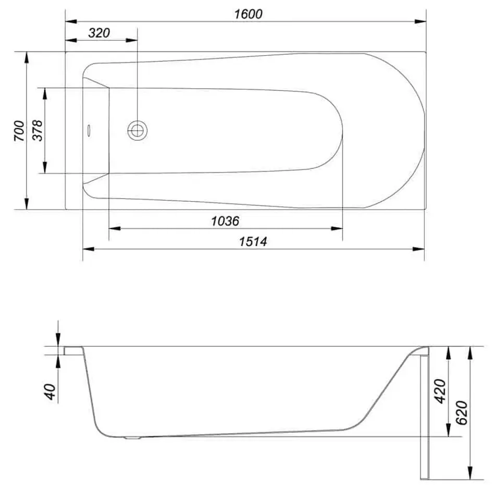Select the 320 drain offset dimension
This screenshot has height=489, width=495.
[99, 33]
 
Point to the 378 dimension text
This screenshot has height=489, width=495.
[38, 131]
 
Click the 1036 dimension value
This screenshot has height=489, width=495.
[225, 221]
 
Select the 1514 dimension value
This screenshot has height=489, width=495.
[253, 241]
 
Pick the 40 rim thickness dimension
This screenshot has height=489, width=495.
[51, 391]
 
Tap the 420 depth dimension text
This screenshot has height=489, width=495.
[441, 390]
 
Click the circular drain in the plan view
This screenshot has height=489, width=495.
[138, 130]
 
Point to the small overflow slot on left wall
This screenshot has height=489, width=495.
[89, 130]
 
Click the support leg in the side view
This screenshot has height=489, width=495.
[423, 417]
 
